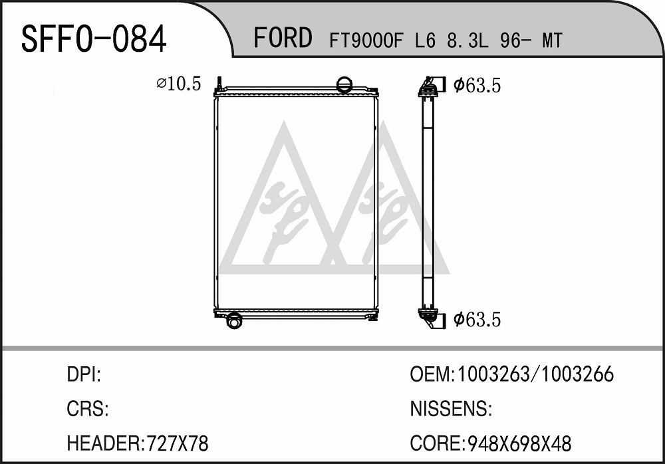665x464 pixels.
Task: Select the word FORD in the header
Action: pyautogui.click(x=283, y=37)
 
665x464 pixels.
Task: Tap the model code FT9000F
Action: pyautogui.click(x=365, y=41)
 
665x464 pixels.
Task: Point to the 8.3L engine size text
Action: pyautogui.click(x=467, y=41)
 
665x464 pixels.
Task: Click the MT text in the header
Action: pyautogui.click(x=552, y=41)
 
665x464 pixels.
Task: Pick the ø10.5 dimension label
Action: pyautogui.click(x=178, y=84)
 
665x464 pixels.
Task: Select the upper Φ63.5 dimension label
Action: pyautogui.click(x=477, y=85)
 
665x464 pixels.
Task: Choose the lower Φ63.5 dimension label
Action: pyautogui.click(x=477, y=319)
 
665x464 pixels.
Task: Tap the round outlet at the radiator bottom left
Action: pyautogui.click(x=233, y=320)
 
